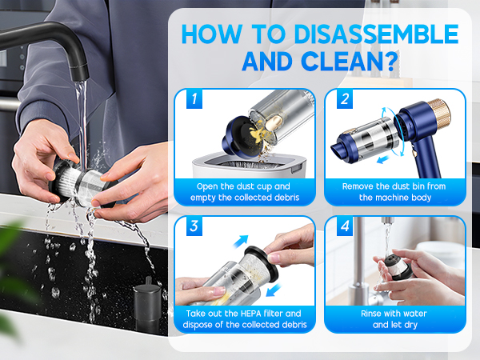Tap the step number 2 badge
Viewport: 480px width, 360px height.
pyautogui.click(x=345, y=100)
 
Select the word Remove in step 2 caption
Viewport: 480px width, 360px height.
pyautogui.click(x=359, y=186)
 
